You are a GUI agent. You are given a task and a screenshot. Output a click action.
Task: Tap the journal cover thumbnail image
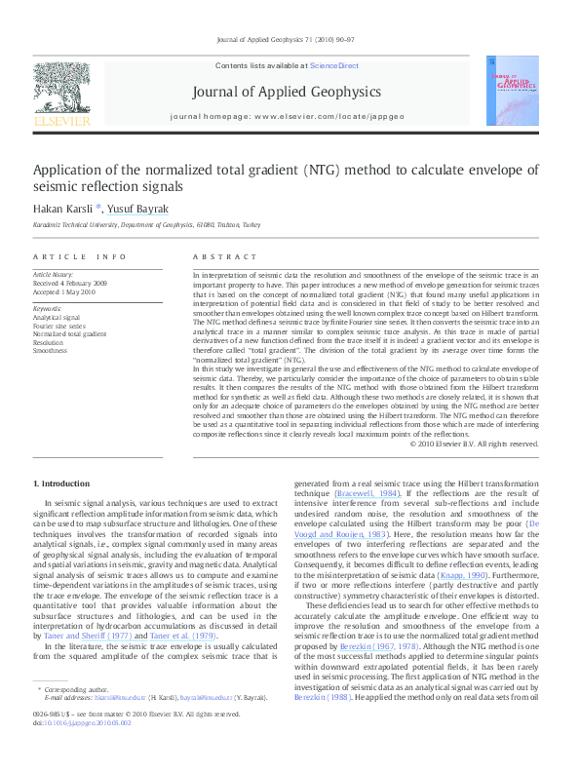pyautogui.click(x=510, y=94)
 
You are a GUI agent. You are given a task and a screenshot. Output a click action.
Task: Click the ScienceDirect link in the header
pyautogui.click(x=334, y=66)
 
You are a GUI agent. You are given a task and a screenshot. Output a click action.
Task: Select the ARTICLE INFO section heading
pyautogui.click(x=80, y=256)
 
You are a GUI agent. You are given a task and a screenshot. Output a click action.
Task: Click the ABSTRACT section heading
pyautogui.click(x=217, y=256)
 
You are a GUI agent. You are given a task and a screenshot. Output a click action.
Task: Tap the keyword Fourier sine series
pyautogui.click(x=59, y=326)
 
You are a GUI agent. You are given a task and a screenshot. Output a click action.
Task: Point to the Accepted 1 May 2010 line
pyautogui.click(x=64, y=291)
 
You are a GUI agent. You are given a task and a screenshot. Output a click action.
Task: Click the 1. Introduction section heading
pyautogui.click(x=63, y=484)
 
